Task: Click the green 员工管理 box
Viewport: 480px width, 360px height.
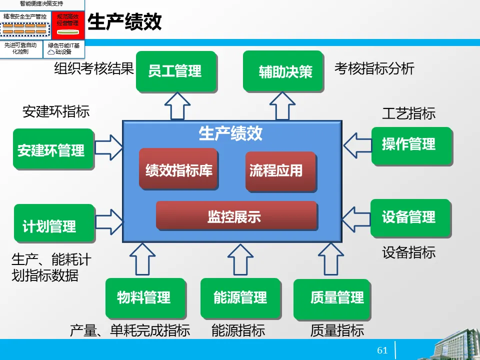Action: tap(175, 71)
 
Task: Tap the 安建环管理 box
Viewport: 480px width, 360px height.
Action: tap(52, 150)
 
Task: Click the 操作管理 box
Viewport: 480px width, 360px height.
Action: tap(410, 145)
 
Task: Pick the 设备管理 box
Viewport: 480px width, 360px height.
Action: tap(410, 218)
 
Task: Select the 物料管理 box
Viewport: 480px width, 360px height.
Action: tap(144, 298)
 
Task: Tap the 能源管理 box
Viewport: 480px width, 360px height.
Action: tap(240, 298)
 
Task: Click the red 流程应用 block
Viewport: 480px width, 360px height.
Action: tap(280, 171)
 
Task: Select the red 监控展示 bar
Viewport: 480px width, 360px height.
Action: tap(236, 216)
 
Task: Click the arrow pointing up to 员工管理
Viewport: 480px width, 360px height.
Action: tap(177, 106)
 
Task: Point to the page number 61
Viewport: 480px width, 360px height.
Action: tap(382, 350)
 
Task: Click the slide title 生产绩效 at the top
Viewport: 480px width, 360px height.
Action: tap(124, 22)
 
